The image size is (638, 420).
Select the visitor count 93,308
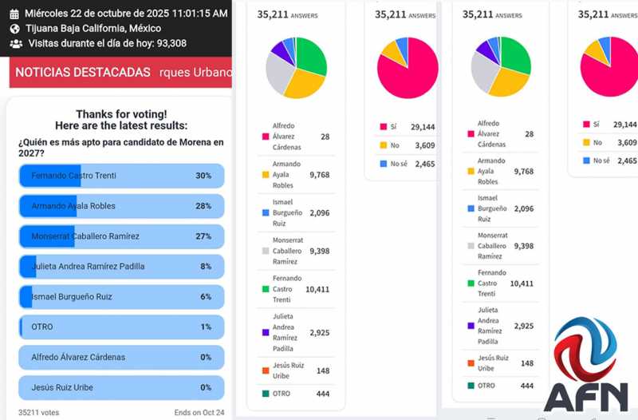166,44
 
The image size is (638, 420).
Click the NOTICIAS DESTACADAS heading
83,72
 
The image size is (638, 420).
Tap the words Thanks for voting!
120,114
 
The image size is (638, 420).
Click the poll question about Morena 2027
120,148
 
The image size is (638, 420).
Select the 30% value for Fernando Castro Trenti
203,176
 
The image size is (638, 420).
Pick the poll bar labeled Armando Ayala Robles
121,206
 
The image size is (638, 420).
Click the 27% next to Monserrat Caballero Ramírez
203,236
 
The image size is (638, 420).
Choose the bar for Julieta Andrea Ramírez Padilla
121,267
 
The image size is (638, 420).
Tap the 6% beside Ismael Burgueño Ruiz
206,297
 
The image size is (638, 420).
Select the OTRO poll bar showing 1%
121,327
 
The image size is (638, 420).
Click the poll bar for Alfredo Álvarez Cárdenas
121,358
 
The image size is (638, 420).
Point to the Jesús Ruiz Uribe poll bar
121,388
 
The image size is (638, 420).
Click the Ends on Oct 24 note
199,413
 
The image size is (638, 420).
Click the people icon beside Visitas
15,44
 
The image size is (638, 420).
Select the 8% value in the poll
206,267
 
